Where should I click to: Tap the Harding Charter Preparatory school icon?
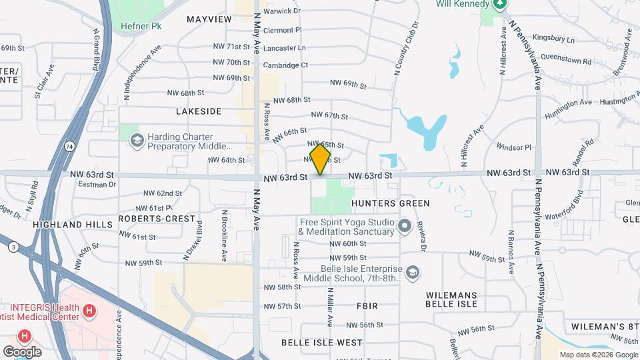click(137, 141)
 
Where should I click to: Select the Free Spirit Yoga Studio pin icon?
click(404, 227)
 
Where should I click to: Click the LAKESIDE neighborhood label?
click(199, 111)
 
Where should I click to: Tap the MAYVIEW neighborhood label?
click(209, 19)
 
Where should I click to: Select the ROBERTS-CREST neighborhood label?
click(158, 219)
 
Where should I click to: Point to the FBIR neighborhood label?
click(367, 306)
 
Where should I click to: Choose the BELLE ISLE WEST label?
click(322, 343)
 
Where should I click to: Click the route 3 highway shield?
click(13, 247)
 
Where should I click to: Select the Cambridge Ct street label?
click(285, 65)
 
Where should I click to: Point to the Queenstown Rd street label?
click(569, 61)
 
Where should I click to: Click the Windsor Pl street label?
click(513, 147)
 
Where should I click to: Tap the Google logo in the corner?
click(22, 351)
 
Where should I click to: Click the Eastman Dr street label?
click(97, 184)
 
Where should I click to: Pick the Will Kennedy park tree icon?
click(500, 4)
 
